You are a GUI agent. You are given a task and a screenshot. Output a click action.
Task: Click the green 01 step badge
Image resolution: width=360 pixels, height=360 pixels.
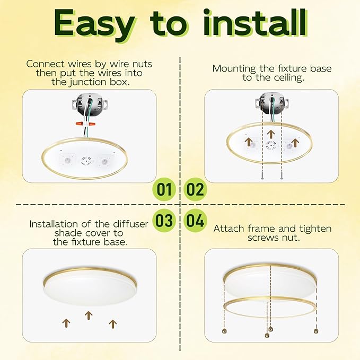pyautogui.click(x=165, y=189)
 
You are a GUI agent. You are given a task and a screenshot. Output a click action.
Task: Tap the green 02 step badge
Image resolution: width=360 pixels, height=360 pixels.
pyautogui.click(x=196, y=189)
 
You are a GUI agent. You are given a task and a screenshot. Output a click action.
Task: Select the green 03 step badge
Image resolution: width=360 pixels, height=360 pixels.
pyautogui.click(x=165, y=220)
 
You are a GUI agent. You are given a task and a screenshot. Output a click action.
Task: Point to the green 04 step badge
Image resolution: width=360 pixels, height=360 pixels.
pyautogui.click(x=196, y=220)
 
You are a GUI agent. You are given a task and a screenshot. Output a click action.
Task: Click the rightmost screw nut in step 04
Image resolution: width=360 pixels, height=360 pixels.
pyautogui.click(x=317, y=330)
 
